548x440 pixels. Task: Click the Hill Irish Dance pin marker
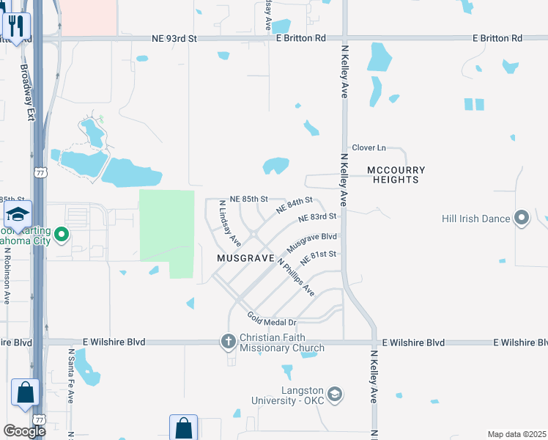point(522,218)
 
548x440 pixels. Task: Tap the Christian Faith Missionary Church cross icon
point(228,342)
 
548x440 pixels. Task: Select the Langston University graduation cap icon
point(335,395)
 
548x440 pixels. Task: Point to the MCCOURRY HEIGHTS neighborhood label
point(396,175)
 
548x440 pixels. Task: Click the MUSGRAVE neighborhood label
point(245,259)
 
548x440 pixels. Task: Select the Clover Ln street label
point(369,147)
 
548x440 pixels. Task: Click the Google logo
point(24,431)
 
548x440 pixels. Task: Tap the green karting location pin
point(62,235)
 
